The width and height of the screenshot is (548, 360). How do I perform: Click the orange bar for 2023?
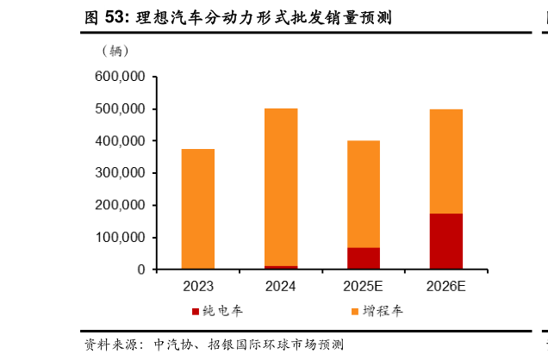tap(198, 209)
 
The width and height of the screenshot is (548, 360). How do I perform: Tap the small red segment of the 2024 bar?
tap(280, 267)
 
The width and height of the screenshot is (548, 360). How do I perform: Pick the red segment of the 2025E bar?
tap(363, 258)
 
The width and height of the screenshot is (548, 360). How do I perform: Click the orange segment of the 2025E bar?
tap(363, 194)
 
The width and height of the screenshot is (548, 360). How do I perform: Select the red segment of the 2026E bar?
tap(445, 241)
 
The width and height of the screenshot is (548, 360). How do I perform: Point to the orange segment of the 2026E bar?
tap(445, 161)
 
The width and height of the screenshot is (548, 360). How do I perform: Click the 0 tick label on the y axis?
tap(140, 270)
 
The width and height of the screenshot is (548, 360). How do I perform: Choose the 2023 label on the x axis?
tap(198, 286)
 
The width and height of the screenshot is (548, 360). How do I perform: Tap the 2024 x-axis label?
tap(280, 286)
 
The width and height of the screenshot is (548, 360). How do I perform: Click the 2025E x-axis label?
tap(363, 286)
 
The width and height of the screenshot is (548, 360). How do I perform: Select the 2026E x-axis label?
tap(445, 286)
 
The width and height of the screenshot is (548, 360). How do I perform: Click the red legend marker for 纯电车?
tap(196, 311)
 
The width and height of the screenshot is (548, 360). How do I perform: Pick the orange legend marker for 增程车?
tap(355, 311)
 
